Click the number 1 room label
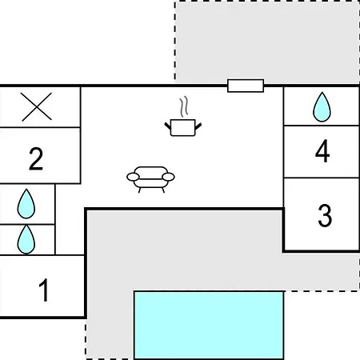click(x=44, y=290)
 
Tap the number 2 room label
click(x=36, y=158)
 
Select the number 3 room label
click(x=325, y=215)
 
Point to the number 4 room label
click(x=322, y=151)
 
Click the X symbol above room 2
click(x=37, y=106)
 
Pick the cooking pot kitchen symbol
click(x=183, y=127)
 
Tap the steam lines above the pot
click(x=184, y=106)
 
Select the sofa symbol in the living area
click(x=150, y=179)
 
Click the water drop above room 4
click(x=322, y=107)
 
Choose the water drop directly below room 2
click(x=26, y=204)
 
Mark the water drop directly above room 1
click(x=26, y=239)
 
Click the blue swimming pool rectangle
click(x=209, y=325)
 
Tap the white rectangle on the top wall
click(x=246, y=86)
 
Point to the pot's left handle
click(x=168, y=126)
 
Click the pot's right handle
click(x=198, y=126)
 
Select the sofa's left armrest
click(x=133, y=177)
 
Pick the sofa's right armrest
click(x=168, y=177)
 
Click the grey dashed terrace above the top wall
click(x=267, y=42)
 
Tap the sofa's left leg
click(x=139, y=190)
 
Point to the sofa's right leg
click(x=163, y=190)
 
